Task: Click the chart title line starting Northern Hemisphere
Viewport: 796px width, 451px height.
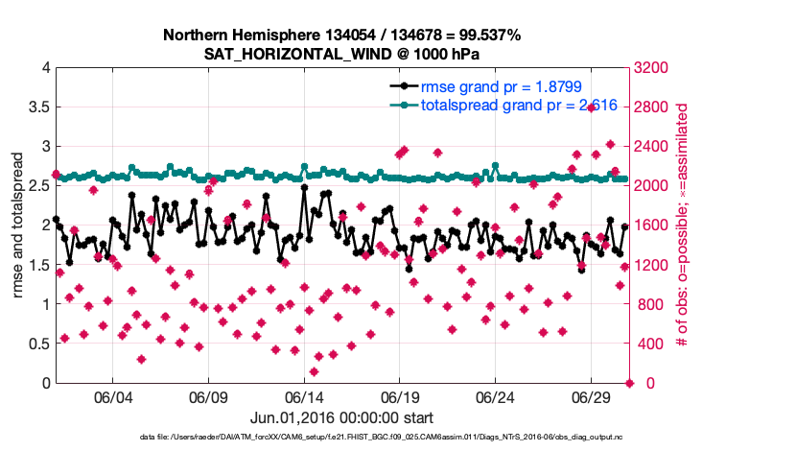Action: tap(341, 36)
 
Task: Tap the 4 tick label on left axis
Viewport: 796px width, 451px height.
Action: tap(44, 68)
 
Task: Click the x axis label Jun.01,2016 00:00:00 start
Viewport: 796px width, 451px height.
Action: tap(341, 418)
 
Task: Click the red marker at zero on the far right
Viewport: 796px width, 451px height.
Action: tap(629, 383)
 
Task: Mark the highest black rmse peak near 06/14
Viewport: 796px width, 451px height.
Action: tap(304, 187)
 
